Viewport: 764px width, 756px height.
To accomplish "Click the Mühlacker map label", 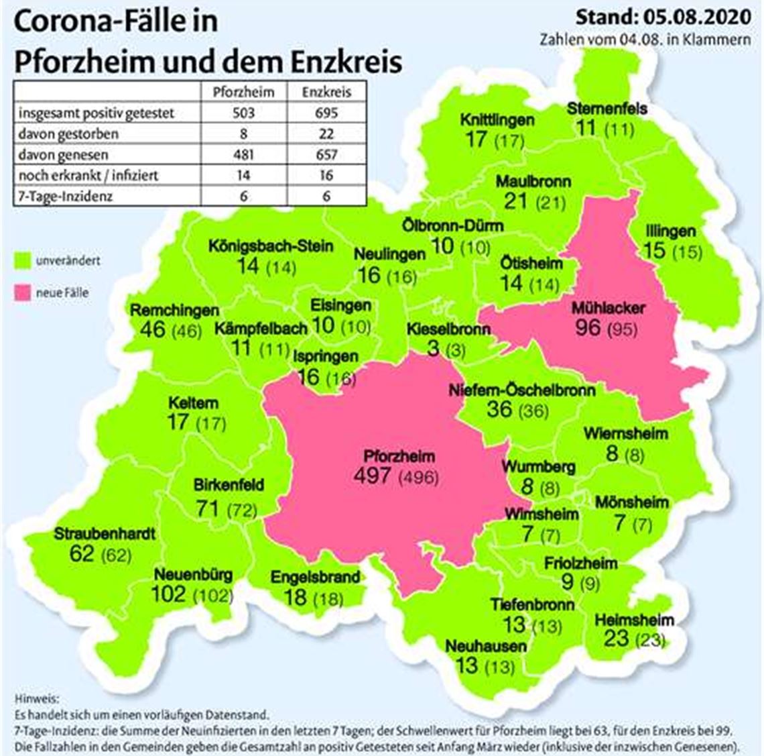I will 608,309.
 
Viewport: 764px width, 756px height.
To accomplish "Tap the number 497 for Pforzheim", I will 373,476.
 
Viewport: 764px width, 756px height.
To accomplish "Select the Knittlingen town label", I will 497,120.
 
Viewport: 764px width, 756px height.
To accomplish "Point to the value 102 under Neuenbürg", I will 168,594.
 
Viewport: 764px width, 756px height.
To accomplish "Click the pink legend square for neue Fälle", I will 23,292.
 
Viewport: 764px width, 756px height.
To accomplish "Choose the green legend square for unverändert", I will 23,260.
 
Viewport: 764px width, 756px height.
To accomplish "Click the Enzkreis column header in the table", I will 326,92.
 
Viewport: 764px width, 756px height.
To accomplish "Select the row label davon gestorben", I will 68,133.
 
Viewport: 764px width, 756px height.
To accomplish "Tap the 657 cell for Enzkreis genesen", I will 326,154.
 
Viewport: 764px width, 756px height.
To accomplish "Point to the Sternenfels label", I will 607,107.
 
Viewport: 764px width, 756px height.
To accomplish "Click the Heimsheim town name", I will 634,620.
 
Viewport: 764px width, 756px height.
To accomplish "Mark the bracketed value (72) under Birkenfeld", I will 242,510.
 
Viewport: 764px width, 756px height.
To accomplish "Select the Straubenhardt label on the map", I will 105,534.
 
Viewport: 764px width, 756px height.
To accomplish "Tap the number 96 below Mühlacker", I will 588,328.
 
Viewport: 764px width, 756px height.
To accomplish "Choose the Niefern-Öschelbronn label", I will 521,390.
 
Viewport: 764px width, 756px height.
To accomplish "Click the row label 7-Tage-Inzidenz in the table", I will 66,196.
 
